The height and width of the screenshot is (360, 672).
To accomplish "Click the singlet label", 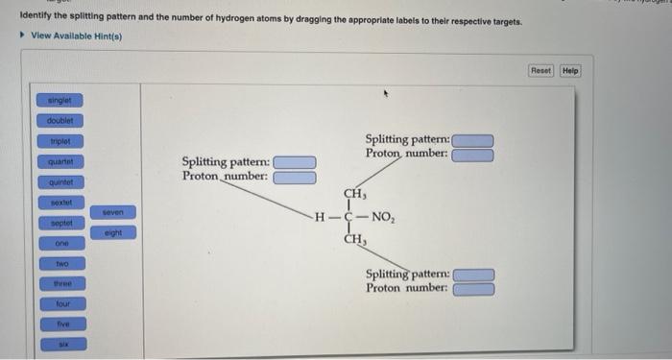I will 61,100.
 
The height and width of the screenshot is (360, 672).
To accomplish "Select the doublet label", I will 61,121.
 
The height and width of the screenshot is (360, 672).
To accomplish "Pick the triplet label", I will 61,141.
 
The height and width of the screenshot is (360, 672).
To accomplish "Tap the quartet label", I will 61,161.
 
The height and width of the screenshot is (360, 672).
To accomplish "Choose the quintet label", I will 61,182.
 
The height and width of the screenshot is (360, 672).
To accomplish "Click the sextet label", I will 61,203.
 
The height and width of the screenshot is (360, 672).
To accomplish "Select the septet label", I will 61,223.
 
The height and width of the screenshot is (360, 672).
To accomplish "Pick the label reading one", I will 61,243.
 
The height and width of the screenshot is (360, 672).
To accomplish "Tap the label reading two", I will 61,263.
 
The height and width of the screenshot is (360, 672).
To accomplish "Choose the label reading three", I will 61,283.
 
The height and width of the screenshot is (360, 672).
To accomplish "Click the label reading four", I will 61,303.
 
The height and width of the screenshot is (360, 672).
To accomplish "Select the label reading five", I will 61,324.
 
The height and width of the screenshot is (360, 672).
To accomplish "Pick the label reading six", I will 61,343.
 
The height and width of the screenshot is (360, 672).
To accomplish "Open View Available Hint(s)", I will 77,36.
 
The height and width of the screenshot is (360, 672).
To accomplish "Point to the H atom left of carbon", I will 321,216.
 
